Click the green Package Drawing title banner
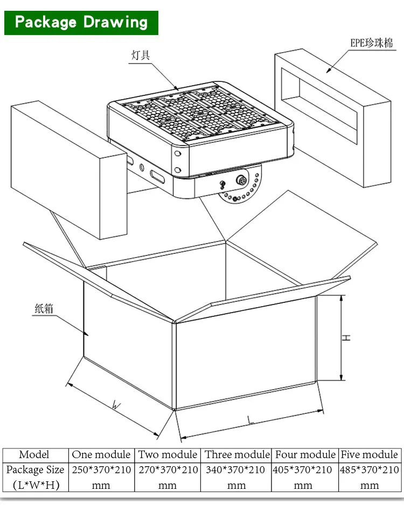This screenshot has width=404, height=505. [x=81, y=23]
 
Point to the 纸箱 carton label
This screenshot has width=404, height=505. [x=45, y=308]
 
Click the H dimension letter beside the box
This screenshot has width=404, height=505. [x=347, y=338]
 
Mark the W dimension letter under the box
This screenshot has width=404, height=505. [x=115, y=404]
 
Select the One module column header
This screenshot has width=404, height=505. [x=101, y=455]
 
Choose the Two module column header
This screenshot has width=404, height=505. [x=168, y=455]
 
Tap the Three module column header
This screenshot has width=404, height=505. [x=237, y=455]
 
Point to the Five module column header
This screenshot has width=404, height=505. [x=370, y=455]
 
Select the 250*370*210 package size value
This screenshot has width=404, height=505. [x=101, y=470]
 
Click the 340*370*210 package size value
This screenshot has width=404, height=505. [x=237, y=470]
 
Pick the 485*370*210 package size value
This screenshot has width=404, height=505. [x=370, y=470]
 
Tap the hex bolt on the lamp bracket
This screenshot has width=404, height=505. [x=241, y=179]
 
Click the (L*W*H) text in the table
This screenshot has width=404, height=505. [x=36, y=485]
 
